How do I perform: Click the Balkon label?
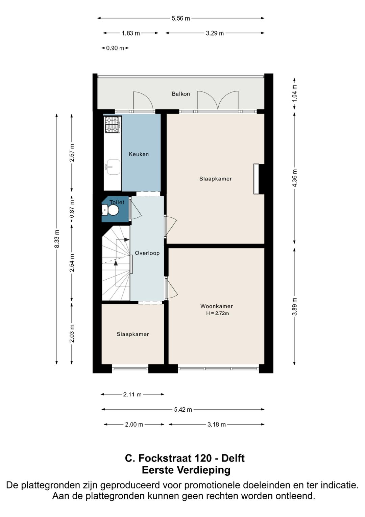[x=181, y=94]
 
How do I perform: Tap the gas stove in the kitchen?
[x=113, y=124]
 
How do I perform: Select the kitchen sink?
[x=113, y=167]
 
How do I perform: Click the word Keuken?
[x=139, y=154]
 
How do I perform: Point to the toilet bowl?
[x=113, y=211]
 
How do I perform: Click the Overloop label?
[x=147, y=253]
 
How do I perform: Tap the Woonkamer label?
[x=217, y=306]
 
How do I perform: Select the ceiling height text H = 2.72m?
[x=218, y=313]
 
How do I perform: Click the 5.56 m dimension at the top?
[x=181, y=18]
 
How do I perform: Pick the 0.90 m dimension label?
[x=115, y=48]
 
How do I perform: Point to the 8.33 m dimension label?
[x=57, y=239]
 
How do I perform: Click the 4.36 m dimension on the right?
[x=294, y=178]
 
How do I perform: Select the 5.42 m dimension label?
[x=183, y=409]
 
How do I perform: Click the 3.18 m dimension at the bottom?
[x=217, y=424]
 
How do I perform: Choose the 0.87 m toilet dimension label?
[x=72, y=209]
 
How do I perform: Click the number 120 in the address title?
[x=203, y=458]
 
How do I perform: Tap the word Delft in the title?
[x=233, y=458]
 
